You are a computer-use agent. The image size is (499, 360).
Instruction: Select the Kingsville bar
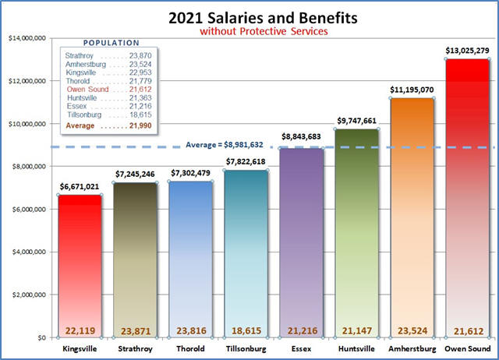click(x=80, y=265)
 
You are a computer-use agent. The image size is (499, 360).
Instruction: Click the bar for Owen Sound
click(x=467, y=195)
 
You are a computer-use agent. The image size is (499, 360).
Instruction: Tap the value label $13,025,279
click(x=467, y=51)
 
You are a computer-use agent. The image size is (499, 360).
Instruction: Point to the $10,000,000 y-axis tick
click(x=27, y=124)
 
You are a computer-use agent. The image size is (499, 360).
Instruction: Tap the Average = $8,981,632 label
click(x=226, y=144)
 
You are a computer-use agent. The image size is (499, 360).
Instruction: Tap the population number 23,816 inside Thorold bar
click(x=190, y=330)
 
